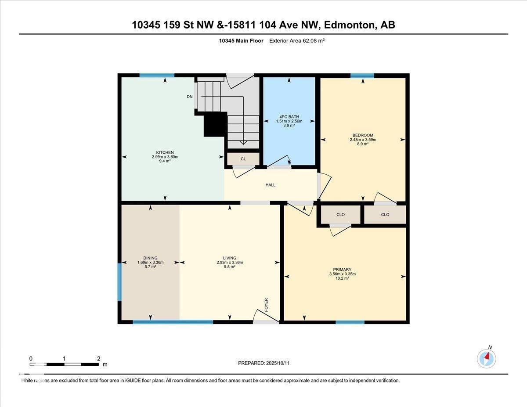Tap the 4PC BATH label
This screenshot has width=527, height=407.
[x=288, y=117]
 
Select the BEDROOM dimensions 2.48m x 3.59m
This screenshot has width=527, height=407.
[x=363, y=140]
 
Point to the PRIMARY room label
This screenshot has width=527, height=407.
[x=342, y=270]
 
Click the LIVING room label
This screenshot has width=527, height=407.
[x=229, y=258]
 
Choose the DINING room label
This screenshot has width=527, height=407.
[x=150, y=258]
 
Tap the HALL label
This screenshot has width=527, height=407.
[x=271, y=185]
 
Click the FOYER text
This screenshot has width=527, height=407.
[x=266, y=304]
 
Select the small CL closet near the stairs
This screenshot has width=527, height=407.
[x=243, y=159]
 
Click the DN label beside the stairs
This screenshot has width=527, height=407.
[x=189, y=97]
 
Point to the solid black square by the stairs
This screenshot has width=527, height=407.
[x=215, y=124]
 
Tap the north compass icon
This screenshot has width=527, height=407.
[x=487, y=358]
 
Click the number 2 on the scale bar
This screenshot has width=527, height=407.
[x=99, y=359]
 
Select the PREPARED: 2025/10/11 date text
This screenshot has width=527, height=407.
[x=264, y=363]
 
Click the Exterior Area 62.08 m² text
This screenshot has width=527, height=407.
[x=296, y=41]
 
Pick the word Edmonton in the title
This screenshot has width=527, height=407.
[x=350, y=25]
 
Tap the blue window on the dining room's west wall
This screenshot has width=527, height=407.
[x=119, y=282]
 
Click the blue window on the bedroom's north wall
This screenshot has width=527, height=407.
[x=362, y=76]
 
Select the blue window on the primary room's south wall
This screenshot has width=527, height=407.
[x=350, y=322]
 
